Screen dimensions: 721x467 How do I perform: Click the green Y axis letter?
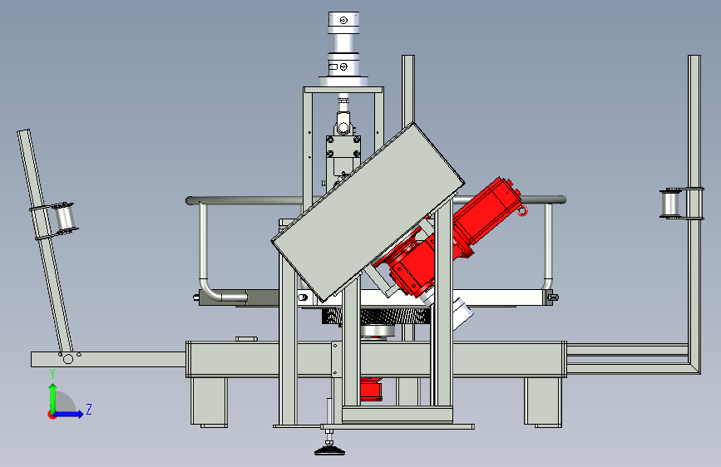[x=52, y=374]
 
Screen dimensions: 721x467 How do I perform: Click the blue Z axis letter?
[x=89, y=409]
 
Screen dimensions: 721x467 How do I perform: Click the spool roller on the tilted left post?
[x=64, y=219]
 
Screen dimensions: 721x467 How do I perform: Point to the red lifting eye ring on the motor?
[x=522, y=211]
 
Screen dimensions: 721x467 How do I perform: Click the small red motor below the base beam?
[x=371, y=389]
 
